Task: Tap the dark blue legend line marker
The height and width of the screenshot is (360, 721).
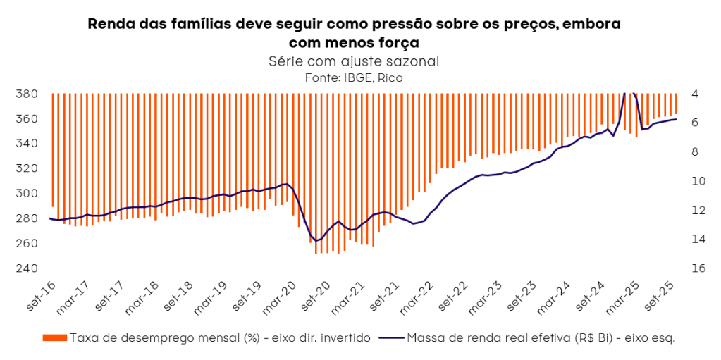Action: tap(391, 337)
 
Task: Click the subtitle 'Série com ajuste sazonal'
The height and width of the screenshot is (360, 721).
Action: tap(354, 61)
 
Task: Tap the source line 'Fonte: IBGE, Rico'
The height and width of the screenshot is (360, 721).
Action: tap(354, 77)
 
